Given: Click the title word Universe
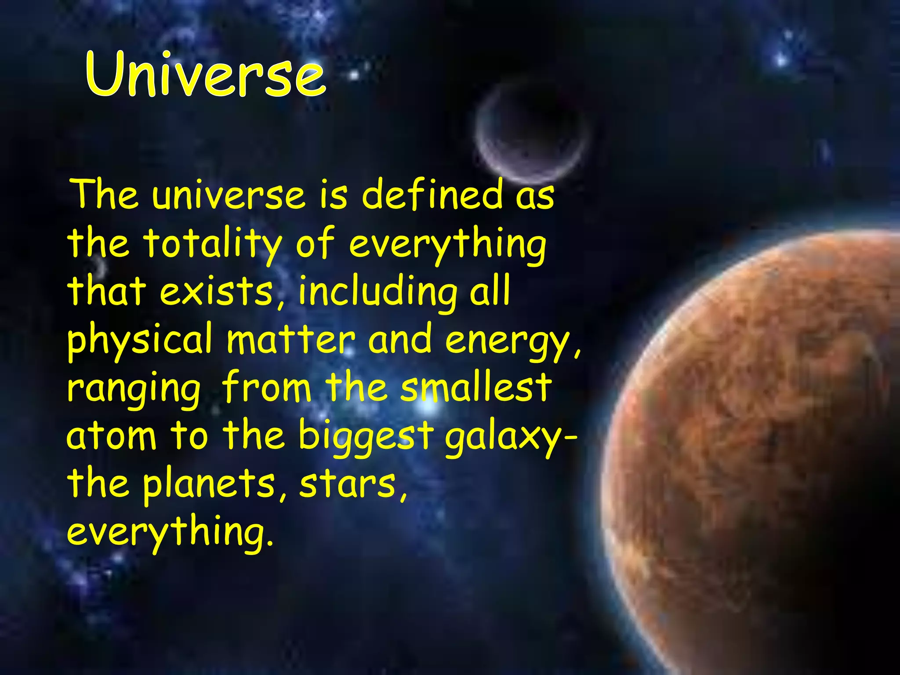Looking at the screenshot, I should [206, 74].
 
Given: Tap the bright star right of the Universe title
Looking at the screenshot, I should [354, 76].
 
